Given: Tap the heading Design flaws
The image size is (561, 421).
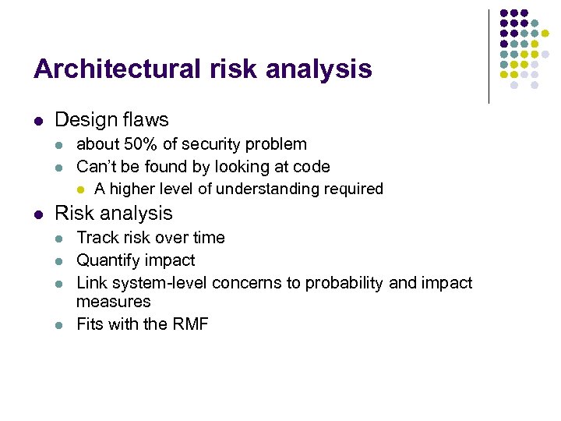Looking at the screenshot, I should pyautogui.click(x=111, y=120).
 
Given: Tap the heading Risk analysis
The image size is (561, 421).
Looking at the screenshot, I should pyautogui.click(x=114, y=214).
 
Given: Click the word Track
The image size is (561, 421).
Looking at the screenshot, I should pyautogui.click(x=96, y=238).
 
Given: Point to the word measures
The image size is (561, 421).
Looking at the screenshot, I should pyautogui.click(x=113, y=302).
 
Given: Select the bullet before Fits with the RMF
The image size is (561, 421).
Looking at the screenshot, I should pyautogui.click(x=63, y=325).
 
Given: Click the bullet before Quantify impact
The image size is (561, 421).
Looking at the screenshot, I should pyautogui.click(x=63, y=261).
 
